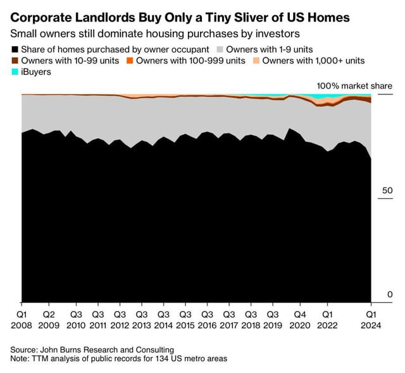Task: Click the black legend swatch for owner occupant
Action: coord(15,49)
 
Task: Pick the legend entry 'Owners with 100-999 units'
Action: coord(190,61)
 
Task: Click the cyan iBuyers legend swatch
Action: coord(15,72)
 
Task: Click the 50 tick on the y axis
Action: coord(387,191)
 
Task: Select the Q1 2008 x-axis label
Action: coord(21,319)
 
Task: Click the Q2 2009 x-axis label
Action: coord(48,319)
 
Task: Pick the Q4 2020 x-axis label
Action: coord(299,319)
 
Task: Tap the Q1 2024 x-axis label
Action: coord(373,319)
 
